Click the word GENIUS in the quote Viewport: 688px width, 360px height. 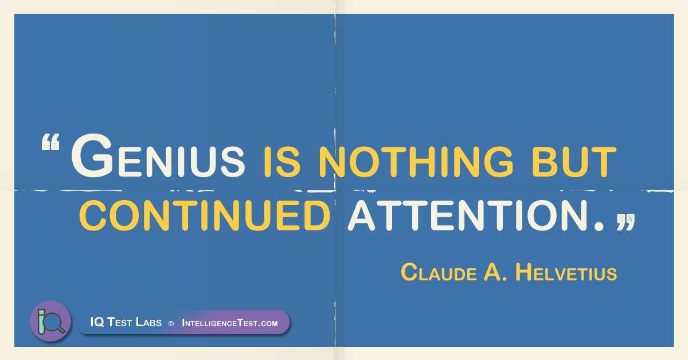click(158, 156)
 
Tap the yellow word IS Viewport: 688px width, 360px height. click(282, 162)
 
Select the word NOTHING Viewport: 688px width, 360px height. click(416, 162)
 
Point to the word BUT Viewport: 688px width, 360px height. click(574, 162)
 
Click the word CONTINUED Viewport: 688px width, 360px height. click(205, 216)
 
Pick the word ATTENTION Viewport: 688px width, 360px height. click(467, 216)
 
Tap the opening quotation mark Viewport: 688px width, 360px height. click(50, 142)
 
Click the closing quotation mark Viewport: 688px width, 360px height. click(626, 222)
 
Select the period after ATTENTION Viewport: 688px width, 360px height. click(599, 226)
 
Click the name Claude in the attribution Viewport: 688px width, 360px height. click(439, 272)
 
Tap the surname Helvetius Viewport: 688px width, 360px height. click(566, 272)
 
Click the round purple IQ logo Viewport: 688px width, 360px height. click(50, 321)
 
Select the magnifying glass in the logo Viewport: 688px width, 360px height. click(54, 323)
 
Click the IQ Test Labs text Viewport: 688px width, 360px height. click(126, 322)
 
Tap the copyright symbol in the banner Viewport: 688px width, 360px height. click(171, 323)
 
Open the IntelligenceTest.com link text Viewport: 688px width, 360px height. click(230, 323)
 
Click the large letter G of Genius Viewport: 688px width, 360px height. click(92, 156)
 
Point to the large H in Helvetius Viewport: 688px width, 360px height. click(523, 272)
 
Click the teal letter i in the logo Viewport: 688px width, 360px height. click(41, 322)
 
